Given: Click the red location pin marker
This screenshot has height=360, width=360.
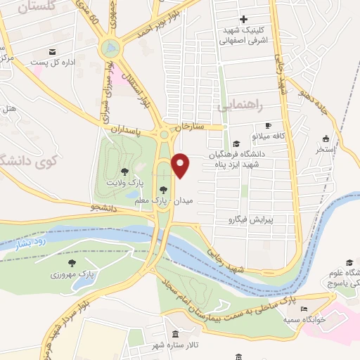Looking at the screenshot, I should [181, 166].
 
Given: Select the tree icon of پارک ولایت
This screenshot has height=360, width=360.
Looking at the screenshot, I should [124, 170].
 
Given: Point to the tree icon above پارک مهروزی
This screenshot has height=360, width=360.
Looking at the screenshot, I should [72, 262].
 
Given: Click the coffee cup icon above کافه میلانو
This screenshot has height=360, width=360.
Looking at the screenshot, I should [267, 126].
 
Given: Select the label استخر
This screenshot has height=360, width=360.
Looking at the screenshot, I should [326, 148].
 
